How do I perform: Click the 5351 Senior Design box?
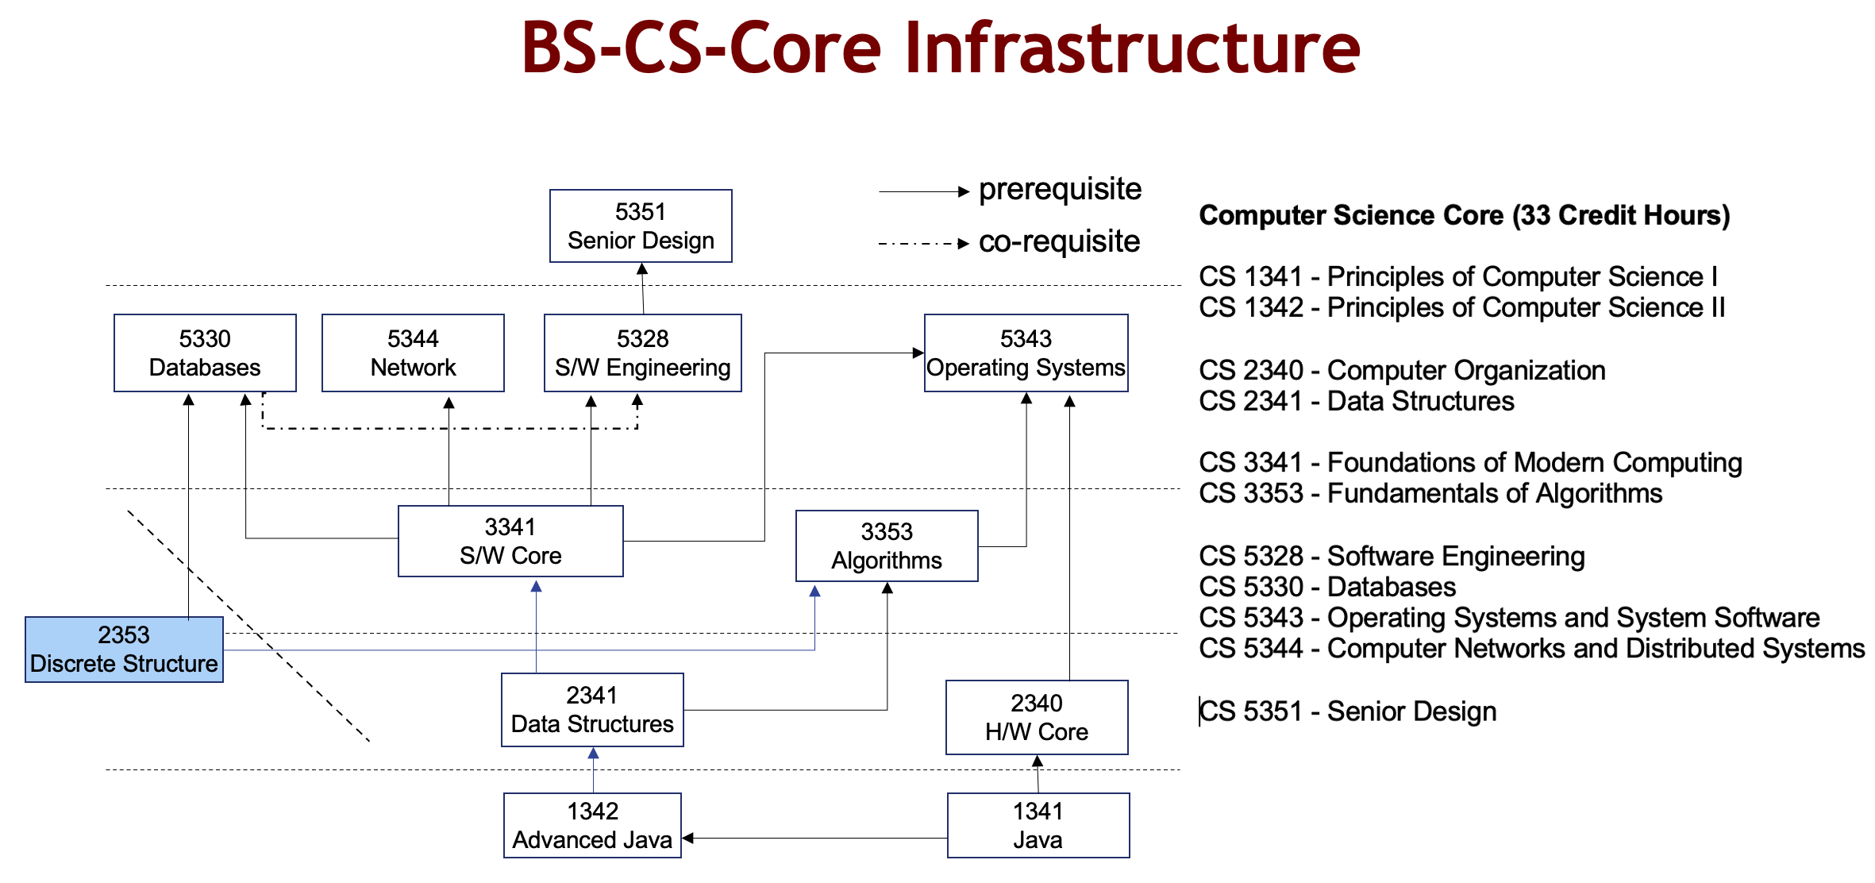641,226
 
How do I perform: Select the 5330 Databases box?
205,353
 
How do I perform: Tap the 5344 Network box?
413,353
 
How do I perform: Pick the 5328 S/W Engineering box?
642,353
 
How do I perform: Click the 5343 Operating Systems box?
1026,353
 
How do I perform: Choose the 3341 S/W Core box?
510,542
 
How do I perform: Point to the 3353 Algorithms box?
887,546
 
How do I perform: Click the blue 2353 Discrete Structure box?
124,650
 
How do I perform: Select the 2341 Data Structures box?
592,710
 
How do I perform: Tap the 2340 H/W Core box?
1037,718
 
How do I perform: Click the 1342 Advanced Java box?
592,826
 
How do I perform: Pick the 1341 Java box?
1038,826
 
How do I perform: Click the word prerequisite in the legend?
1060,190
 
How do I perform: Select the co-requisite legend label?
1059,241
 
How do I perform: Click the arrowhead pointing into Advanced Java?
688,838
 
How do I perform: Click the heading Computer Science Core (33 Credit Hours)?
1464,215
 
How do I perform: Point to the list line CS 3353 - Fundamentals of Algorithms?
1430,494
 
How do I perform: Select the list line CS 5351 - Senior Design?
1347,711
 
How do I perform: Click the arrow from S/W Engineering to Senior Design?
642,289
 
